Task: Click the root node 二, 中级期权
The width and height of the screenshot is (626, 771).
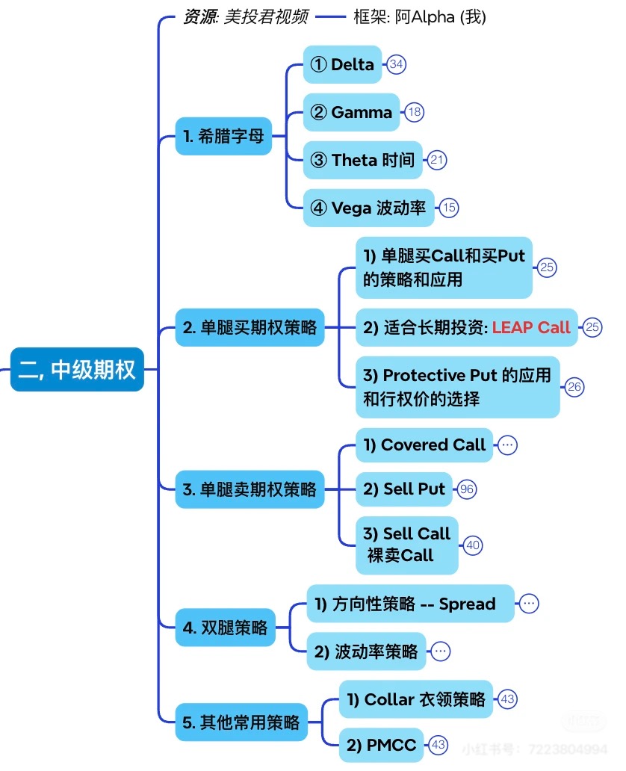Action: [77, 370]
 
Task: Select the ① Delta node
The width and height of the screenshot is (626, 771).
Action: [342, 64]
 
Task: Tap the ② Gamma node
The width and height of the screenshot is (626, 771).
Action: [351, 112]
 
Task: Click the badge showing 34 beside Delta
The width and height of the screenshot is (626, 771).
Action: [397, 64]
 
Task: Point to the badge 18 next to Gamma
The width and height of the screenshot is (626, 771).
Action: [415, 113]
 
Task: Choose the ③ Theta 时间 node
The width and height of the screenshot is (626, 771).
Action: [362, 160]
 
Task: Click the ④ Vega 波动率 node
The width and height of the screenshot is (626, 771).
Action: [368, 208]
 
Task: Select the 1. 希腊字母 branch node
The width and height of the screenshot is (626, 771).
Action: [223, 137]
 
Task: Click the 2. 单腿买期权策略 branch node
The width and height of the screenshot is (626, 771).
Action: [250, 327]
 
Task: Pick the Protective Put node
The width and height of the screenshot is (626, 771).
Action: [457, 387]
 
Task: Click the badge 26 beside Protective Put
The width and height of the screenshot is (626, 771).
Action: [574, 387]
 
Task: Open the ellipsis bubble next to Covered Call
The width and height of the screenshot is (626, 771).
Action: [508, 445]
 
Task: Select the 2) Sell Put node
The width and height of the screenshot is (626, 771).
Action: [403, 489]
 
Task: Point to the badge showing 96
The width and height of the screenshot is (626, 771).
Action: [468, 489]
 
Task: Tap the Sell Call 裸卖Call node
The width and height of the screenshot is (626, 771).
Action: [407, 544]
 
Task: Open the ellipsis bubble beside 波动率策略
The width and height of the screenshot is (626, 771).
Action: [441, 651]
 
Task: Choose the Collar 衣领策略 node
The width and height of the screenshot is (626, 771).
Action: [416, 699]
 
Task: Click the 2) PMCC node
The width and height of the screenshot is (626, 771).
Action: [381, 744]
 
